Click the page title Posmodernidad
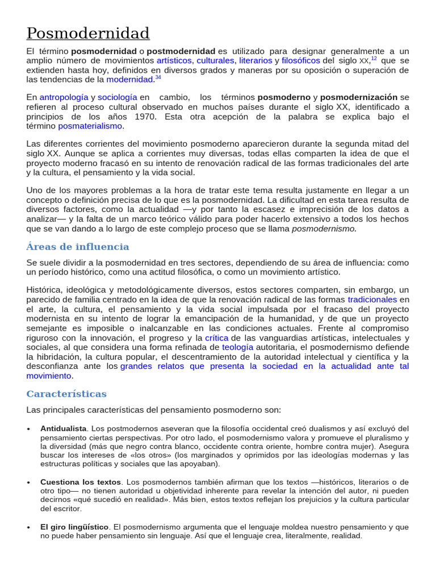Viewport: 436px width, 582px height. point(88,33)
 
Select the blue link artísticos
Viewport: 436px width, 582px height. point(174,60)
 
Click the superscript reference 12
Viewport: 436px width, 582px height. point(374,58)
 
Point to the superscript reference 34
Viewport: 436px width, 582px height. point(157,77)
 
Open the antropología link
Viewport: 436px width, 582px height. point(64,97)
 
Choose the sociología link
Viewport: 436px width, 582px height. point(118,97)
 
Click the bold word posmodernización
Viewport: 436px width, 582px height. point(359,97)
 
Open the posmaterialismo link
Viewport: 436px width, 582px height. point(90,126)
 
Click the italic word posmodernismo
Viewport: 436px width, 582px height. point(324,228)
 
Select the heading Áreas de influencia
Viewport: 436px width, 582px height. point(78,247)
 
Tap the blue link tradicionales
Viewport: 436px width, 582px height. point(372,299)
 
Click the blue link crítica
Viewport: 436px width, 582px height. point(216,338)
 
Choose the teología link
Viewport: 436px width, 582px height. point(237,347)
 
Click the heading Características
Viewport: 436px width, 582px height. point(66,394)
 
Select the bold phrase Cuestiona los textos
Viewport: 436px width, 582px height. point(81,482)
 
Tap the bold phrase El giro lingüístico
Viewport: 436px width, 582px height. point(74,527)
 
